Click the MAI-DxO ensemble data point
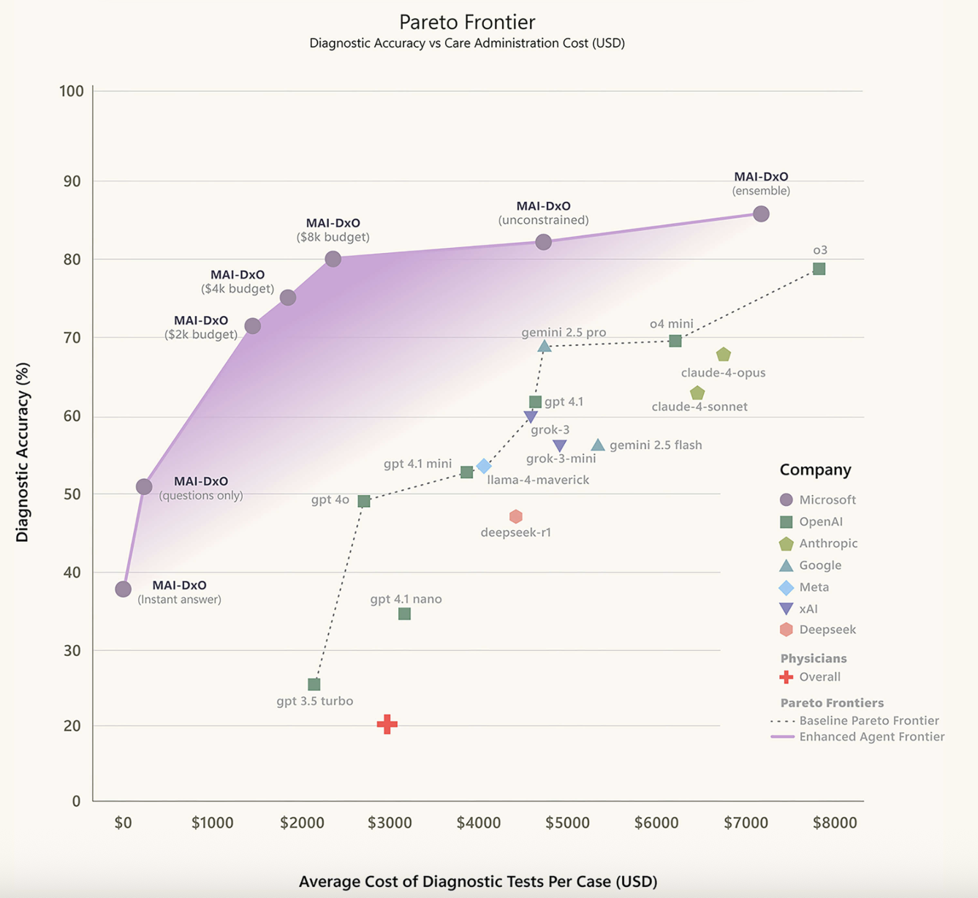tap(761, 214)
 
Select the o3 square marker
tap(819, 269)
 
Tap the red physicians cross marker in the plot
tap(387, 724)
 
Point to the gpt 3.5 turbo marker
tap(314, 684)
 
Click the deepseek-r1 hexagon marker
tap(516, 517)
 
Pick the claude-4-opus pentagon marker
tap(724, 355)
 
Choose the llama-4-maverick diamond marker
tap(484, 466)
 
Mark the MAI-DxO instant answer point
tap(123, 589)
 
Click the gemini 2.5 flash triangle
tap(598, 445)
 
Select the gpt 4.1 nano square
tap(404, 614)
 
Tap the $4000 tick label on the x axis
tap(479, 823)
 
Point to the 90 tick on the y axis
tap(71, 181)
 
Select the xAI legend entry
tap(808, 608)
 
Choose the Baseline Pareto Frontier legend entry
tap(868, 720)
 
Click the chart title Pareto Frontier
tap(467, 22)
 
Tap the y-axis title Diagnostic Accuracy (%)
tap(23, 452)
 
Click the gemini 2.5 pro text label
tap(564, 333)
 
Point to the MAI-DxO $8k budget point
tap(333, 259)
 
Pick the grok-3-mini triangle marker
tap(560, 445)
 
